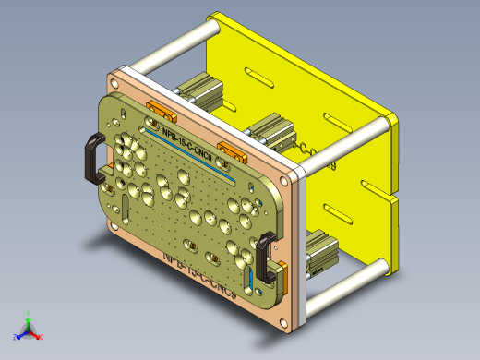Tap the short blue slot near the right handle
click(x=251, y=278)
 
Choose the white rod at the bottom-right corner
click(x=346, y=285)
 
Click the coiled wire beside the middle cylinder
click(x=305, y=150)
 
